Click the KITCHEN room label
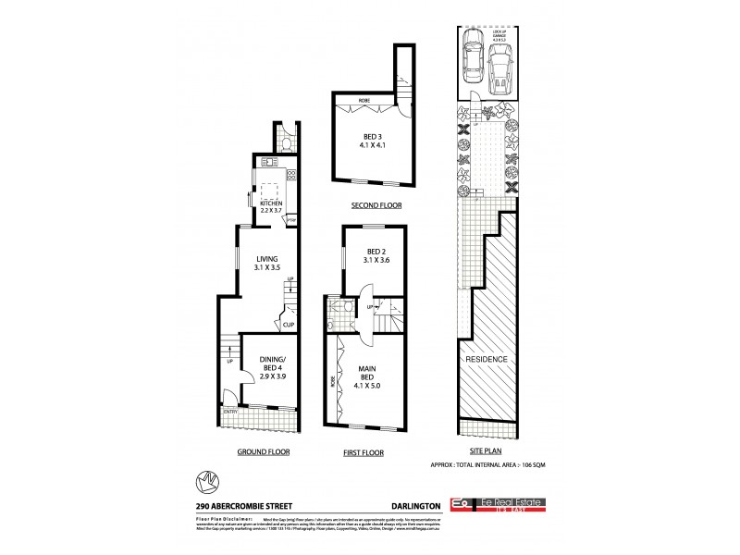(270, 206)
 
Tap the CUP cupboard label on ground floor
(289, 326)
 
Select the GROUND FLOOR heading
(263, 452)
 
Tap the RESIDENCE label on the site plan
(487, 359)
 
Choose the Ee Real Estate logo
(498, 503)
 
